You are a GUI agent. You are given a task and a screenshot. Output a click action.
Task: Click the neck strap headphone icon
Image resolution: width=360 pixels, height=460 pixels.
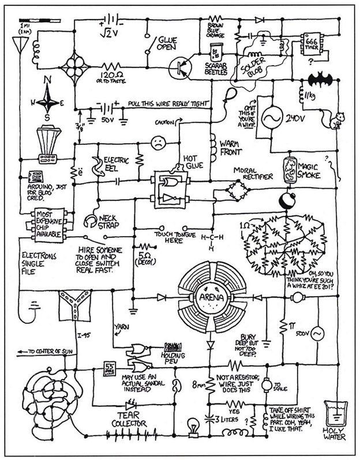click(91, 220)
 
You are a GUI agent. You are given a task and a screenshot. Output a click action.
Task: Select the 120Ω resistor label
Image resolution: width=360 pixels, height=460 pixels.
click(108, 76)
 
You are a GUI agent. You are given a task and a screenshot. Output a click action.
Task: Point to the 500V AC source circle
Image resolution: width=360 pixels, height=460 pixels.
click(318, 334)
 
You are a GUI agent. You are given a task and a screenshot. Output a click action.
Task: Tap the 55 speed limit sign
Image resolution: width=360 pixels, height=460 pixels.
click(109, 368)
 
